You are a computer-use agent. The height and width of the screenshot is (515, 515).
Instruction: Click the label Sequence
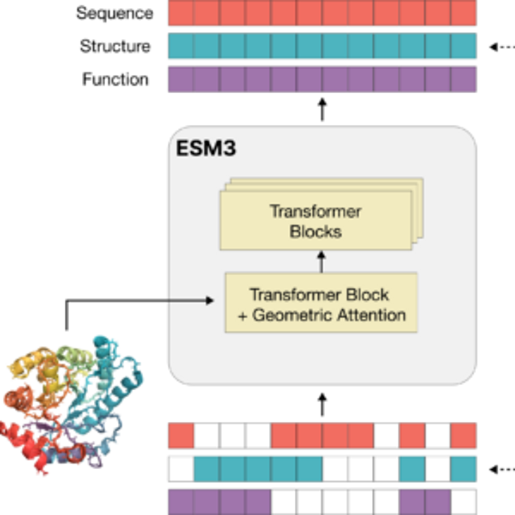pos(114,13)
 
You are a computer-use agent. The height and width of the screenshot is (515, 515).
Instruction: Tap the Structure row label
pos(115,46)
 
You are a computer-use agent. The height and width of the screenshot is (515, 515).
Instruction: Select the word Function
pos(115,79)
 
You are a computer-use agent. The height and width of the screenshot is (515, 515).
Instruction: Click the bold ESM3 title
pos(206,149)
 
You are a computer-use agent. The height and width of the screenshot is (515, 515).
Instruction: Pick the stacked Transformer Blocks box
pos(316,220)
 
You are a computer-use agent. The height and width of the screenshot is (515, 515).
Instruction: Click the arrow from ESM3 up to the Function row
pos(322,109)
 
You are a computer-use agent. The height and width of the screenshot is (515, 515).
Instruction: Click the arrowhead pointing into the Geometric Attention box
pos(210,300)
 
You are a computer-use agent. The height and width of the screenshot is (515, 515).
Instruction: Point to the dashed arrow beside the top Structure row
pos(501,47)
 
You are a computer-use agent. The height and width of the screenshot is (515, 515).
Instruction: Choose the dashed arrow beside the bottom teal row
pos(501,469)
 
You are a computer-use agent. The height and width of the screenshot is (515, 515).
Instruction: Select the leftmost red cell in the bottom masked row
pos(181,435)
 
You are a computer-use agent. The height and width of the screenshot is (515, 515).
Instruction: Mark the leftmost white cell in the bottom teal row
pos(181,469)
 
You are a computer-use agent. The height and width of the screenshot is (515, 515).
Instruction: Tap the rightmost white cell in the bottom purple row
pos(463,502)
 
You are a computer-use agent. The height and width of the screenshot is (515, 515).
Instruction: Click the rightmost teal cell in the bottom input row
pos(463,469)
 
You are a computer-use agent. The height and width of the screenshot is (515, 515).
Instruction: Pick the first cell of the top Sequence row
pos(181,13)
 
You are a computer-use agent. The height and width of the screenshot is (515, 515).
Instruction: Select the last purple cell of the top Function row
pos(463,79)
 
